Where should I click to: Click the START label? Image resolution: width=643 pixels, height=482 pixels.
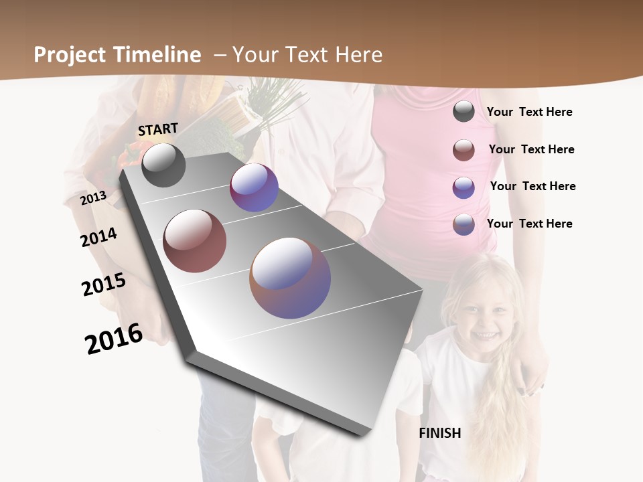(158, 129)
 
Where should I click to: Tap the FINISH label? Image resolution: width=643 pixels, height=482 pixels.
(440, 433)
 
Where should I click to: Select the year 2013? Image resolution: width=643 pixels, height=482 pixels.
(93, 197)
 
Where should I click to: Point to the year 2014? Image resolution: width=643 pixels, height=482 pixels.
(98, 237)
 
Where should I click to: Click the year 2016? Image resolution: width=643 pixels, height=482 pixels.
(114, 339)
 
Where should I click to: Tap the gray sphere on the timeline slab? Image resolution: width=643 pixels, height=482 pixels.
(163, 165)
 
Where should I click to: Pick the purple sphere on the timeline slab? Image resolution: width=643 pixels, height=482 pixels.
(254, 187)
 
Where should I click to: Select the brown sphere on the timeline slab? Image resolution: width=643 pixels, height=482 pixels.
(195, 241)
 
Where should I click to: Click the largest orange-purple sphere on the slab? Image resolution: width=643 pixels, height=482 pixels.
(290, 278)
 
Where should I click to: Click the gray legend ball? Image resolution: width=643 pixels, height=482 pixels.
(463, 111)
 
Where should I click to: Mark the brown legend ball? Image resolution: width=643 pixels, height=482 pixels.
(463, 150)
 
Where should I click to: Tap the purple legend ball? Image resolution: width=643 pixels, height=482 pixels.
(463, 187)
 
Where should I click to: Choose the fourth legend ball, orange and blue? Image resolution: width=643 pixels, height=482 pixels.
(463, 224)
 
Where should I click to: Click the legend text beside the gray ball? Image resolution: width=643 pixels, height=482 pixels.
(529, 112)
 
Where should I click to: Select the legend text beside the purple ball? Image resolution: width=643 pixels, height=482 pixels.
(532, 186)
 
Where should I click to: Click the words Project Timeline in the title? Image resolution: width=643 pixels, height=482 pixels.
(117, 55)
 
